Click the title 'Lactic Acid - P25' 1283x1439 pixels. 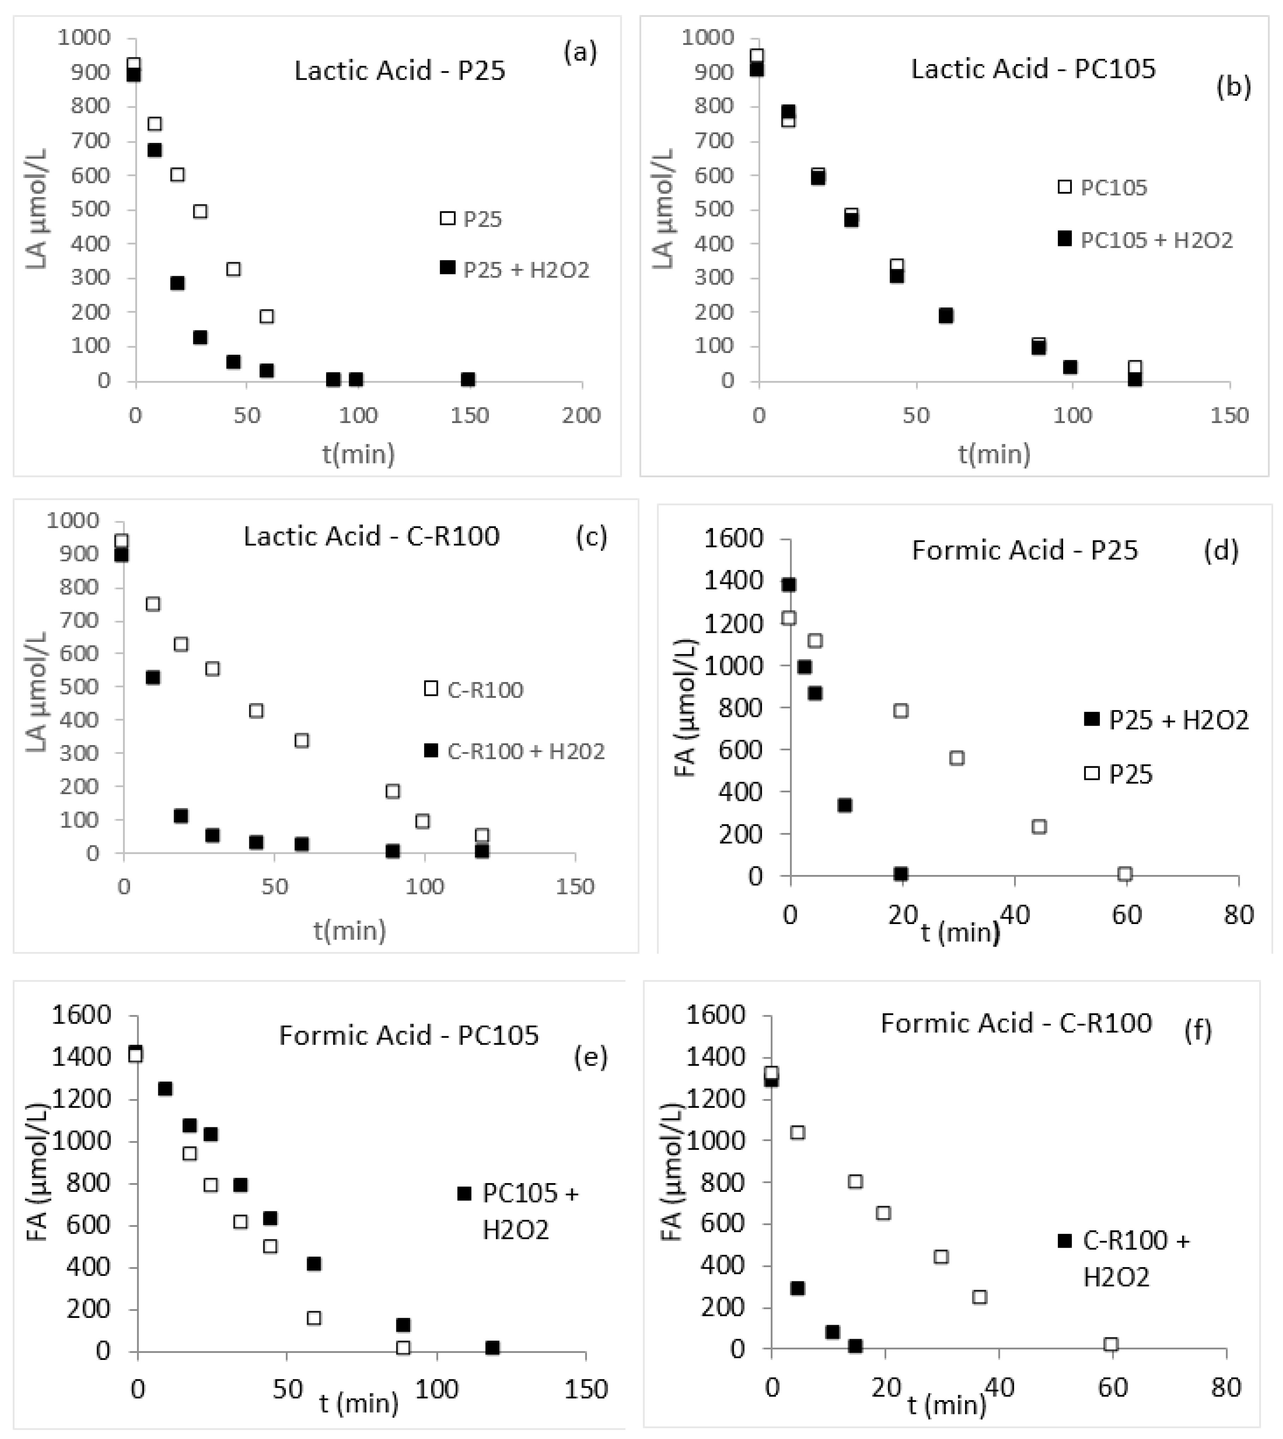[x=400, y=71]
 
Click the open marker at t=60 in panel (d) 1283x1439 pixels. [x=1125, y=874]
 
